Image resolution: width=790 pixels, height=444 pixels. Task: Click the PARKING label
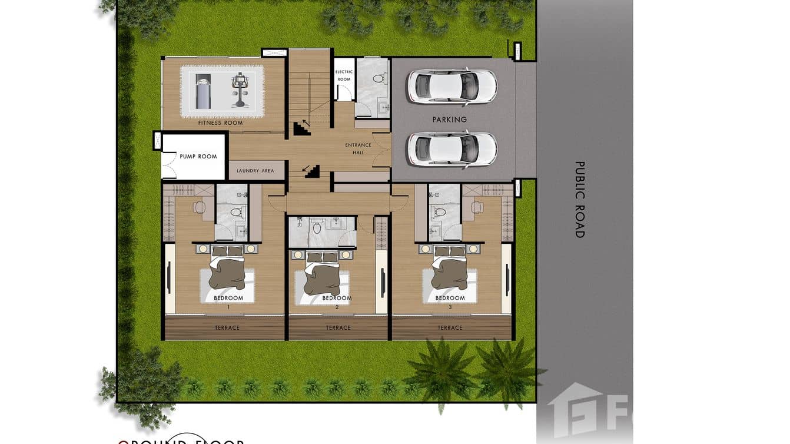click(x=450, y=120)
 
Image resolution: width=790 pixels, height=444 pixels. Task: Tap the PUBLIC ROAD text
click(x=580, y=200)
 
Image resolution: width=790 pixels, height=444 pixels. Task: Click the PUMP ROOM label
click(x=198, y=157)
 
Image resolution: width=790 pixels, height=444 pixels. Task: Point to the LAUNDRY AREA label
click(x=255, y=171)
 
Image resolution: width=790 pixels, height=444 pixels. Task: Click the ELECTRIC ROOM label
click(x=344, y=75)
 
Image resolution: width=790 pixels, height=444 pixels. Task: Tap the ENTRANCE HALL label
click(x=358, y=149)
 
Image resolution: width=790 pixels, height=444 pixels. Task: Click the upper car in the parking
click(x=452, y=86)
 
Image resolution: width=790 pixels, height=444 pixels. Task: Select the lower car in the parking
click(x=452, y=148)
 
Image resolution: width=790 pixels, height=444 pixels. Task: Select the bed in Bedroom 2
click(x=321, y=274)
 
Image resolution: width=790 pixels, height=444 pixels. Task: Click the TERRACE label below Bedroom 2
click(x=338, y=328)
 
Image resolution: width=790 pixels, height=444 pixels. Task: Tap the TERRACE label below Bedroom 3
click(x=450, y=328)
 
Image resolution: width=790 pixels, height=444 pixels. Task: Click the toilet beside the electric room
click(x=379, y=78)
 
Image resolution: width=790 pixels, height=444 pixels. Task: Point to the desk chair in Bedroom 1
click(x=199, y=207)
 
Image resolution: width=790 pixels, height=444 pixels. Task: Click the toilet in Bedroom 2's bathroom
click(x=317, y=227)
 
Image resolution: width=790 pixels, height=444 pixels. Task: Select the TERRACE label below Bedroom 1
click(x=227, y=328)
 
